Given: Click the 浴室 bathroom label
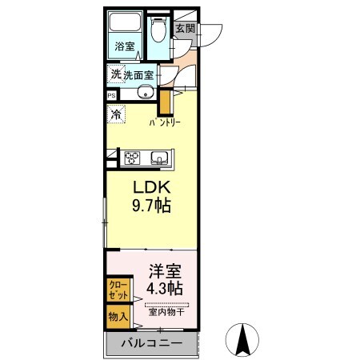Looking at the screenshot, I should [125, 46].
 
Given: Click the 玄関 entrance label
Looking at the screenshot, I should [185, 28].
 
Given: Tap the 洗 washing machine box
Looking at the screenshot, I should [116, 74].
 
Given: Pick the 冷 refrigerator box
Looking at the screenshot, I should [116, 114].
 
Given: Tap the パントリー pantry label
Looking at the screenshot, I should [168, 124].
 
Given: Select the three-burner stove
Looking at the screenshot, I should [131, 156].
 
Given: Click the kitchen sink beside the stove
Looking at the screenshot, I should [158, 156].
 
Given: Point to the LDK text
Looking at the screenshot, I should [149, 187].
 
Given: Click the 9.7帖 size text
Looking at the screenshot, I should [150, 206].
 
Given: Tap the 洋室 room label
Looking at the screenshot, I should [163, 270].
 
